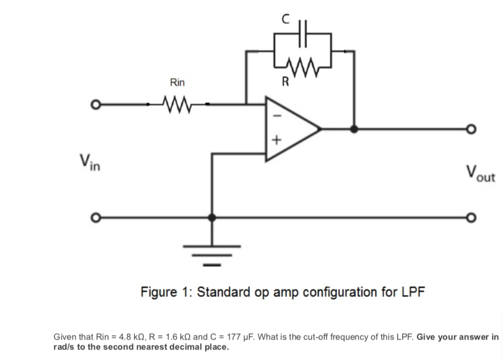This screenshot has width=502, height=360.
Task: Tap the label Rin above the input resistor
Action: coord(177,83)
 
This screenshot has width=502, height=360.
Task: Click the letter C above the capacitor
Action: coord(285,18)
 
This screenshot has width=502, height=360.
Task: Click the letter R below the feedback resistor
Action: coord(285,83)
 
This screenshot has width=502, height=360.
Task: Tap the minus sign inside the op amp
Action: coord(277,117)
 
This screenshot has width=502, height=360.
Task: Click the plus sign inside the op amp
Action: coord(277,141)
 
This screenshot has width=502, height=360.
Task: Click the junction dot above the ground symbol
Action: coord(211,218)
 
